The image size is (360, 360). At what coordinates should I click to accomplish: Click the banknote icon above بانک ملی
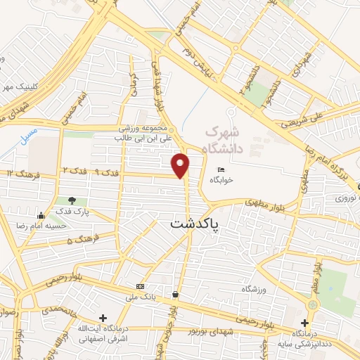141,286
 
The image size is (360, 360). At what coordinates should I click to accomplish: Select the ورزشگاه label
256,290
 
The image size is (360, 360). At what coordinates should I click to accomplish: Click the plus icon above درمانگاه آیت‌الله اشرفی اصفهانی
103,318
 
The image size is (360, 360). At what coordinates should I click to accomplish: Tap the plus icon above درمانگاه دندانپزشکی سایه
303,323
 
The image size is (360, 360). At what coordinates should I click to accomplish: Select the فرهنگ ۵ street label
79,241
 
